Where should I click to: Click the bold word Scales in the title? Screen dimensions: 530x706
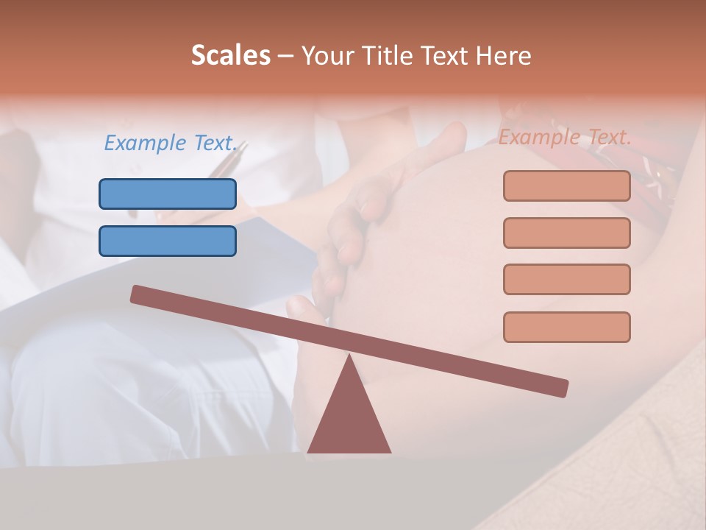point(231,55)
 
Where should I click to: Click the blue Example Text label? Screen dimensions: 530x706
point(170,143)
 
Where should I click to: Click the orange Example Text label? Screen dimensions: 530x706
point(565,137)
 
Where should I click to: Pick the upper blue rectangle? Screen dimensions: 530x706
point(168,194)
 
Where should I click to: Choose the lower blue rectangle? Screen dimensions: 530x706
point(168,241)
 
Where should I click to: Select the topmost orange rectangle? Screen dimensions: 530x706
point(566,185)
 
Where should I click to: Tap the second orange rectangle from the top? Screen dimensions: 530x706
point(566,233)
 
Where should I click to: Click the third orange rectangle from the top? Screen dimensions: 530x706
point(566,279)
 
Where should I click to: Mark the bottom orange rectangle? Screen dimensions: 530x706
point(566,327)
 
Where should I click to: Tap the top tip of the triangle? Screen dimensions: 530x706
point(349,357)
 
